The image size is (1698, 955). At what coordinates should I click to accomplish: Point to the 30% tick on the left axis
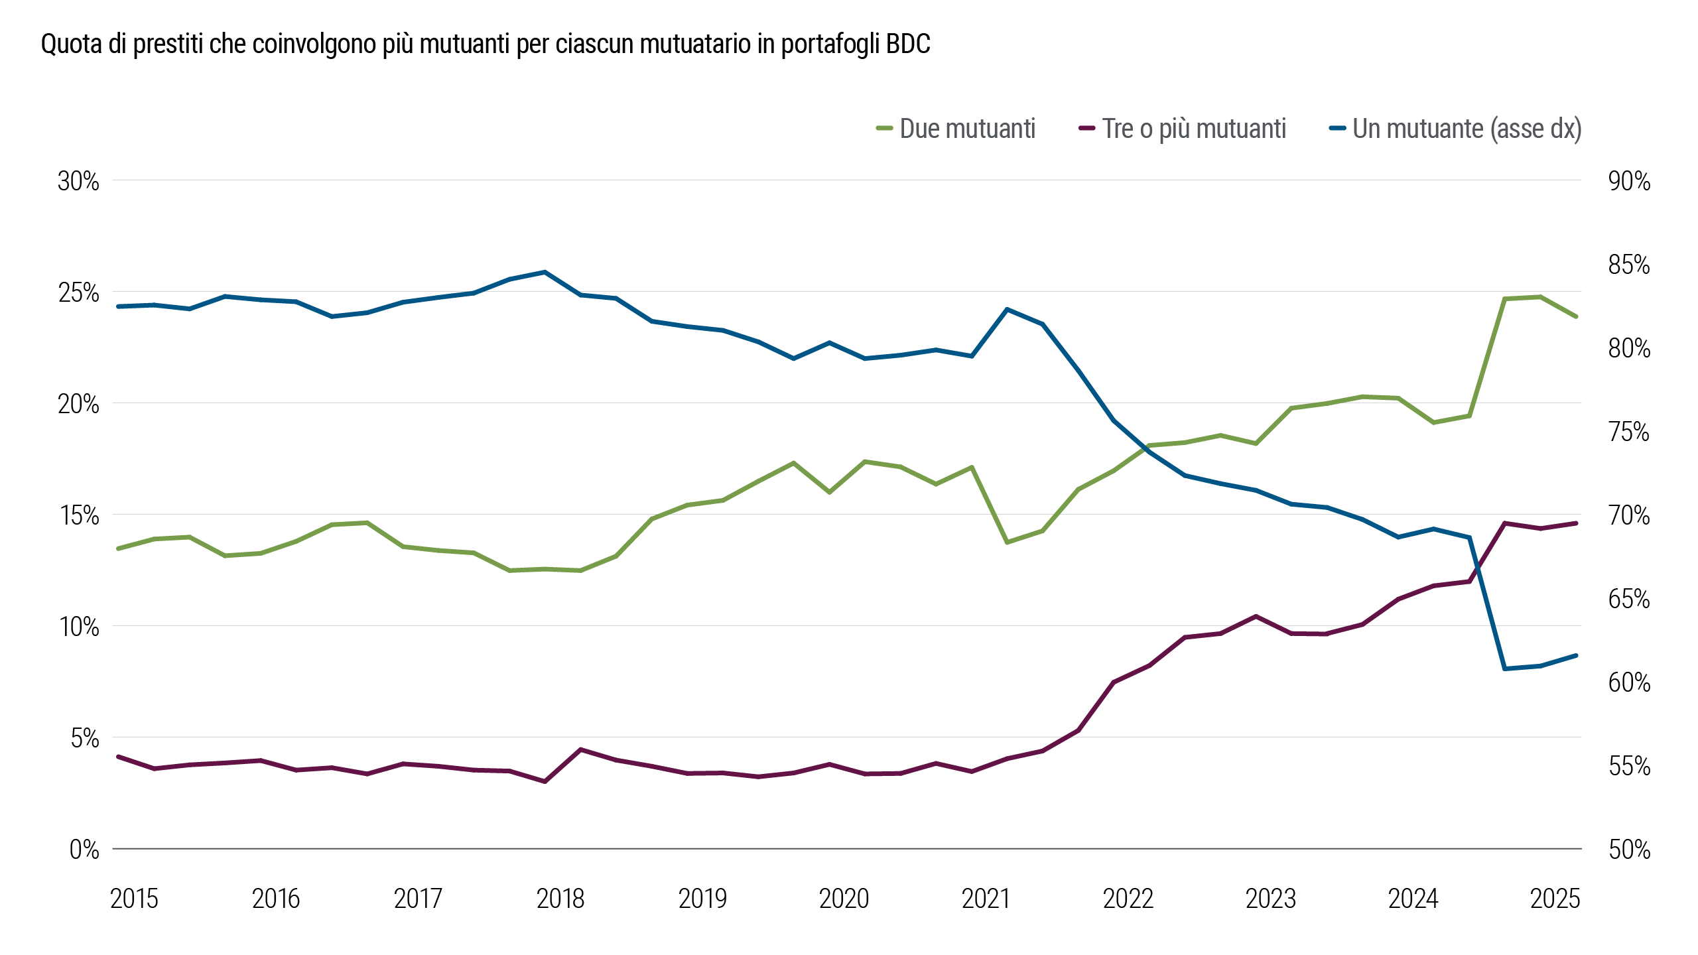tap(78, 181)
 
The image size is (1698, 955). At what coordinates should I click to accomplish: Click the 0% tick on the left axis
tap(84, 850)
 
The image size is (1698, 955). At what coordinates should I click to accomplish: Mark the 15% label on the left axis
tap(80, 515)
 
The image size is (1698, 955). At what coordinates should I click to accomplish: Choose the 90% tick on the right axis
tap(1629, 181)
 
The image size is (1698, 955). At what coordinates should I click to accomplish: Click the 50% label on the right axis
tap(1629, 850)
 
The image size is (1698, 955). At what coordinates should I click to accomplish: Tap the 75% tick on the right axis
tap(1629, 432)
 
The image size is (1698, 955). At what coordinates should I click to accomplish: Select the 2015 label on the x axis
tap(134, 899)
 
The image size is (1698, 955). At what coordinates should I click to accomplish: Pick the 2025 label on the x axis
tap(1555, 899)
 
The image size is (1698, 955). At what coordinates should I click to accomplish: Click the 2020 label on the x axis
tap(844, 899)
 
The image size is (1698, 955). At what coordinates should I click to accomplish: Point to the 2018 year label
tap(560, 899)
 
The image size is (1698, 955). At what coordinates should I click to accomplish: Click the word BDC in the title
tap(908, 44)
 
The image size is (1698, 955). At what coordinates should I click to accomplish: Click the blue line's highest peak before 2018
tap(545, 272)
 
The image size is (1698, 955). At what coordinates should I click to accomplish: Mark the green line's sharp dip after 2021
tap(1007, 542)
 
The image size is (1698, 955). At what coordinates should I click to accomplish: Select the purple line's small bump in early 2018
tap(580, 749)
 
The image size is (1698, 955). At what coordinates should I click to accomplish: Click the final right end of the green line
tap(1576, 316)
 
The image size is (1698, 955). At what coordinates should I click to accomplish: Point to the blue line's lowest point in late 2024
tap(1506, 668)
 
